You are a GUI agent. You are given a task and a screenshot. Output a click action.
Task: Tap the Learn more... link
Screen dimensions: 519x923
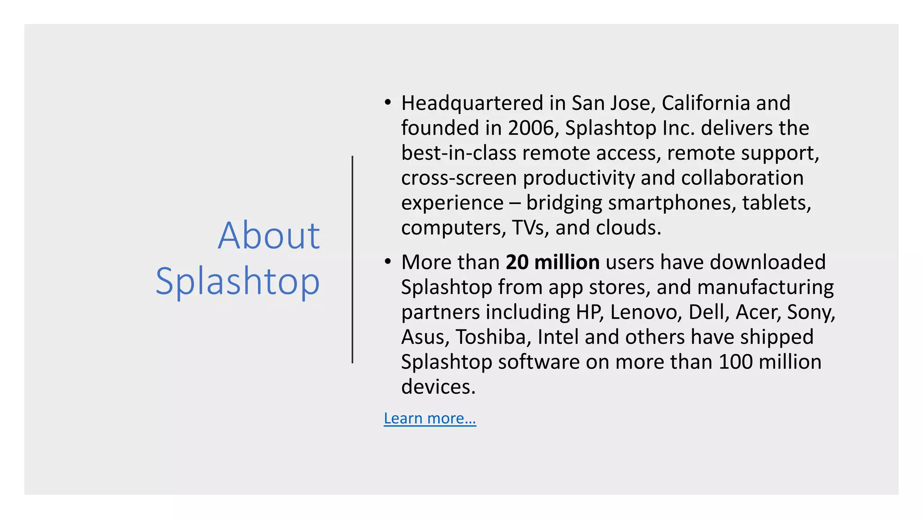430,419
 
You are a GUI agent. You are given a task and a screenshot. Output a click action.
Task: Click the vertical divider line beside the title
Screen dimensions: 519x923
352,259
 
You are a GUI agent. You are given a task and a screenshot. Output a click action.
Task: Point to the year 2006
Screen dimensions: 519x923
530,128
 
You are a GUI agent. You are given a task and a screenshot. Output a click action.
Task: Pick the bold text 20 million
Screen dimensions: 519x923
553,262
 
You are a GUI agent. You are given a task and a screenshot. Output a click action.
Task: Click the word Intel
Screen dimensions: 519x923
558,337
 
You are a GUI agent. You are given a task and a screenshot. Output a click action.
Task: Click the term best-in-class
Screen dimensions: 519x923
459,153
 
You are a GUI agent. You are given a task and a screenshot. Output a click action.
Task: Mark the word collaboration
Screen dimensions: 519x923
742,178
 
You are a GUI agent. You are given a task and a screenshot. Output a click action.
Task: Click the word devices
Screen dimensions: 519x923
438,387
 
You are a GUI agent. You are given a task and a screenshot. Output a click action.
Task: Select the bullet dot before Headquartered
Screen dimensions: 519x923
388,103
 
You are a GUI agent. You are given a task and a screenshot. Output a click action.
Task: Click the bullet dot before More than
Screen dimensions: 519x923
388,262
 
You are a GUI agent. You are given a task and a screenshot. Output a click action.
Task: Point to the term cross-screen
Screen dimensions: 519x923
459,178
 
